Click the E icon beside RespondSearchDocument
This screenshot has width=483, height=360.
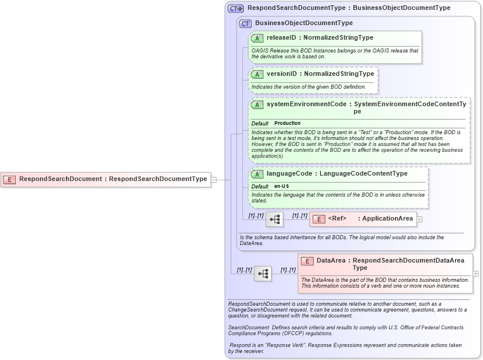9,179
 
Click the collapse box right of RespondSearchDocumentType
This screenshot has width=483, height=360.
213,180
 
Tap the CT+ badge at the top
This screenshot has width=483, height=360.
236,8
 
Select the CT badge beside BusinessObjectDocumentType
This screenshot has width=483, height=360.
245,23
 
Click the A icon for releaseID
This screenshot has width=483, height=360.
257,38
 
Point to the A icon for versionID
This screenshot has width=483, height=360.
257,74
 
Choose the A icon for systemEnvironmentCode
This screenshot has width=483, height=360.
257,104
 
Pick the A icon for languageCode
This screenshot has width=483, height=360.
257,174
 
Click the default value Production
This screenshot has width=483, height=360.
287,124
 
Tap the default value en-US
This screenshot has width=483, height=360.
282,186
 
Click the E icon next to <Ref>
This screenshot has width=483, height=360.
319,219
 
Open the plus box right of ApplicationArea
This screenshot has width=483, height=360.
419,219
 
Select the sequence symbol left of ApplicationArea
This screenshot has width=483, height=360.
274,219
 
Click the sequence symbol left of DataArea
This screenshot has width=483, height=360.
262,274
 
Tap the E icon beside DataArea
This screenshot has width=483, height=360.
307,261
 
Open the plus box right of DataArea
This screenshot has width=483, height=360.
475,274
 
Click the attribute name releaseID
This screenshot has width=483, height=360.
282,38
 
